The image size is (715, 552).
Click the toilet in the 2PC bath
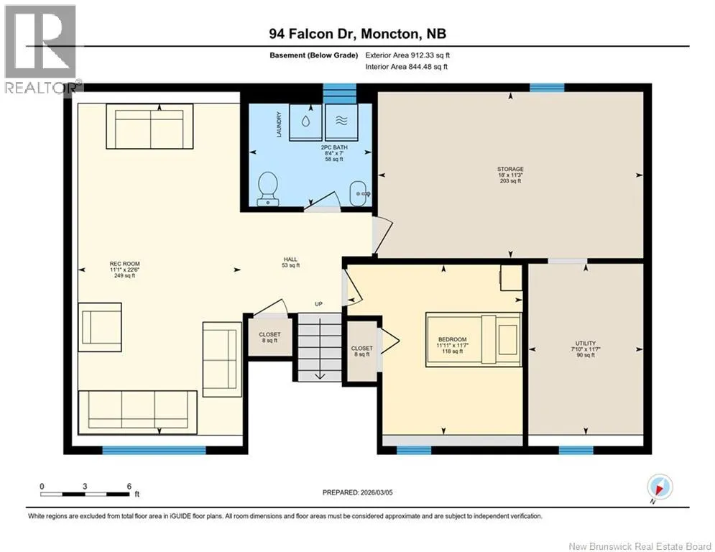[x=267, y=188]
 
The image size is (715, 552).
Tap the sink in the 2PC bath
[x=360, y=193]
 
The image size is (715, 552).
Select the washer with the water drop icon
[x=305, y=121]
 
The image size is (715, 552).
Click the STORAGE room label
[x=510, y=175]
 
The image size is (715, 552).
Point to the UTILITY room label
[x=586, y=349]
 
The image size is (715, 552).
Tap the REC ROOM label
[x=124, y=270]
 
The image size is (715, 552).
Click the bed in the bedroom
[x=474, y=339]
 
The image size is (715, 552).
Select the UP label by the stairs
[x=318, y=304]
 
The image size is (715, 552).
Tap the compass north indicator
[x=660, y=487]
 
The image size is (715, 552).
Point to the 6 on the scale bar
[x=129, y=487]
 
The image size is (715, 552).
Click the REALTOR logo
[x=40, y=50]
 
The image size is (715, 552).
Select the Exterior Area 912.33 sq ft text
[x=407, y=55]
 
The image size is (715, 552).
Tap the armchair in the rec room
[x=100, y=327]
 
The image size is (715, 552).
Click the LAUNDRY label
[x=279, y=124]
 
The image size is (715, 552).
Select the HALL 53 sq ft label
[x=290, y=262]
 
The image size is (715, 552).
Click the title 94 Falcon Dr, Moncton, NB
[x=358, y=34]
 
